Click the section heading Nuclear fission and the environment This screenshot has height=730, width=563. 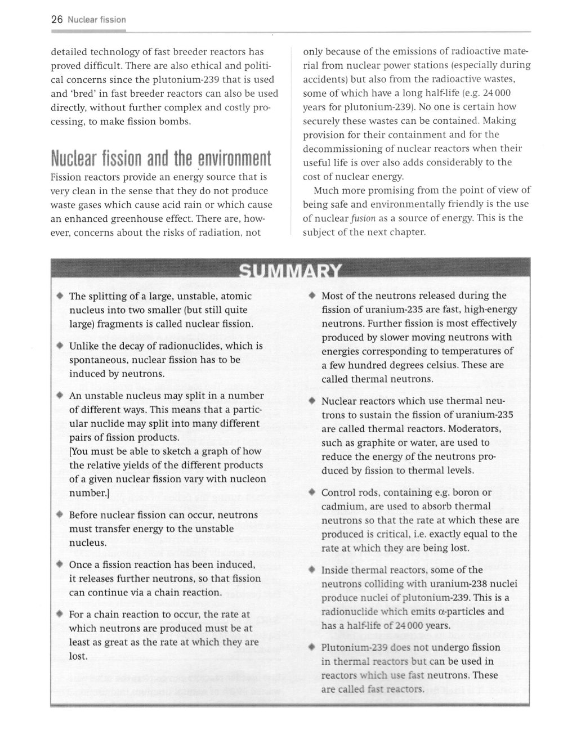[160, 159]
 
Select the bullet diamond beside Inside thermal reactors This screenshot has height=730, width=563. [311, 570]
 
